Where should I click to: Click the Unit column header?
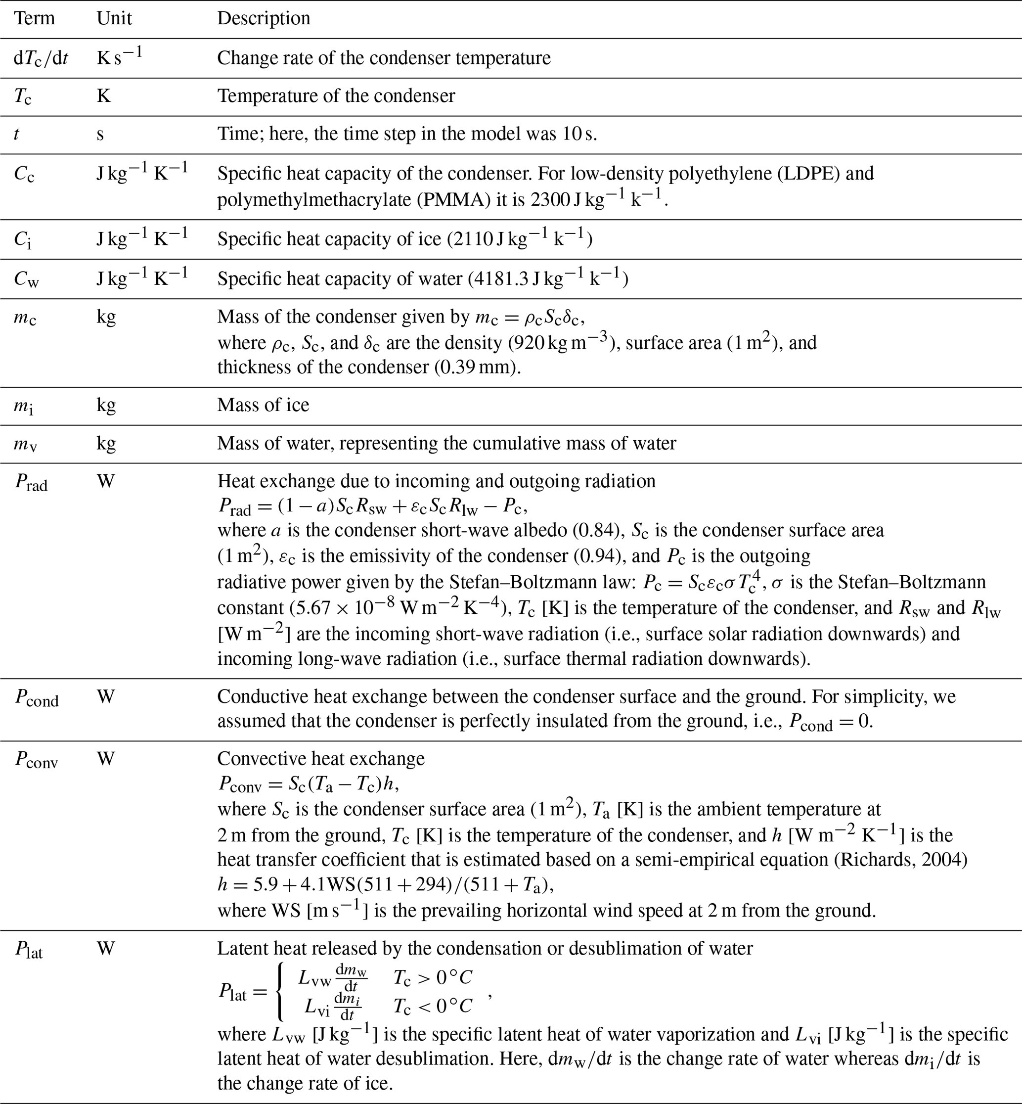(x=114, y=18)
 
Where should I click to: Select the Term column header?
(x=34, y=18)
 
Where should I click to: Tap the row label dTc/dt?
(x=41, y=58)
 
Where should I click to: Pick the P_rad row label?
(x=31, y=482)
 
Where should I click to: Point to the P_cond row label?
(x=36, y=697)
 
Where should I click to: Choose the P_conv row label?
(x=36, y=759)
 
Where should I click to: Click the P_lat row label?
(x=28, y=949)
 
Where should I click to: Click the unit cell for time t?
(x=100, y=135)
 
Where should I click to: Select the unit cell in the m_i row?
(x=106, y=405)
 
